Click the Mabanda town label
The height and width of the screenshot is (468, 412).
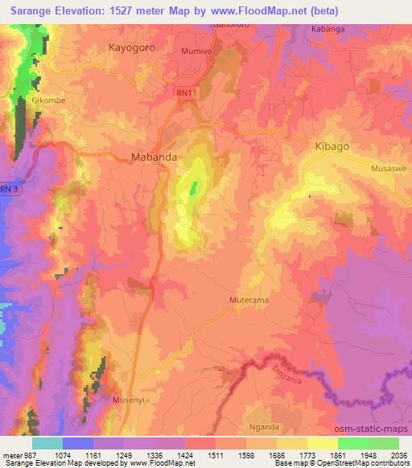click(x=154, y=158)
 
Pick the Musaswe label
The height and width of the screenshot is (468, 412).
click(x=388, y=169)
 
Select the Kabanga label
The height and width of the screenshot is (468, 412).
click(x=328, y=28)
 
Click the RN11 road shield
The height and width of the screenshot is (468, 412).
click(x=186, y=94)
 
